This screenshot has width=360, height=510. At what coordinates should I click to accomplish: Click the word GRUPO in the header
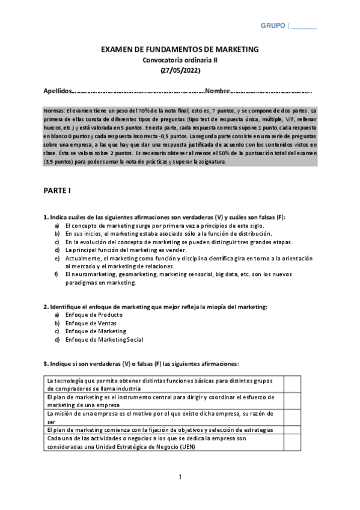[272, 26]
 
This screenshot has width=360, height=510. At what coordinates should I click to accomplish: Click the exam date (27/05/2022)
[180, 71]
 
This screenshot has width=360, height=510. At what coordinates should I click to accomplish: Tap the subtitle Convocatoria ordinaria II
[180, 60]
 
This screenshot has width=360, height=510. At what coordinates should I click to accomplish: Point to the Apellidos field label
[57, 91]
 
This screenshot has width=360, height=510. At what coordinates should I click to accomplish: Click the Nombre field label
[218, 91]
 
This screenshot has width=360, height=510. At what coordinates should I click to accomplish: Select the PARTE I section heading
[57, 190]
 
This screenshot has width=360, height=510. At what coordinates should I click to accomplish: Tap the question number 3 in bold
[46, 363]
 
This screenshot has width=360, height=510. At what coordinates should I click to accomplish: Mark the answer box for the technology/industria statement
[291, 384]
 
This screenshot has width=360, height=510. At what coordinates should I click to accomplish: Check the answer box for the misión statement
[291, 417]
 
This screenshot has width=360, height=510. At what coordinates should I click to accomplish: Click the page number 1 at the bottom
[180, 477]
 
